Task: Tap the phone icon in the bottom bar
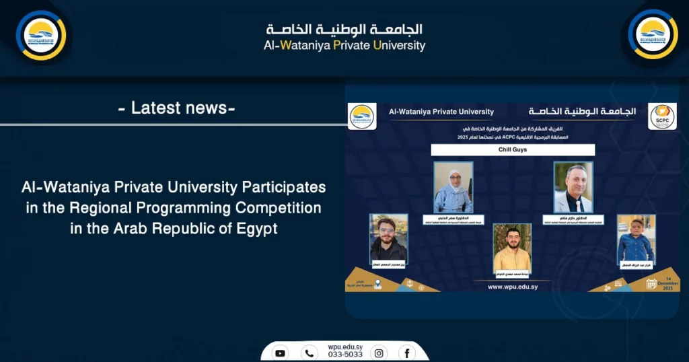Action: pyautogui.click(x=310, y=353)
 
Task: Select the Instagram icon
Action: pyautogui.click(x=379, y=353)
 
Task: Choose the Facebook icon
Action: pyautogui.click(x=406, y=353)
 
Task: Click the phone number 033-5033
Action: pyautogui.click(x=344, y=355)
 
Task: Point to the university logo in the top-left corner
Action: pyautogui.click(x=41, y=35)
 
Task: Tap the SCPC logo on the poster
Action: pyautogui.click(x=662, y=116)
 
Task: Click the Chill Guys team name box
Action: pyautogui.click(x=513, y=150)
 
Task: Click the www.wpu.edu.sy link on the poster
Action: pyautogui.click(x=512, y=286)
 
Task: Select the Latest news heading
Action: pyautogui.click(x=176, y=108)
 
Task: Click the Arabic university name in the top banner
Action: pyautogui.click(x=344, y=30)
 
